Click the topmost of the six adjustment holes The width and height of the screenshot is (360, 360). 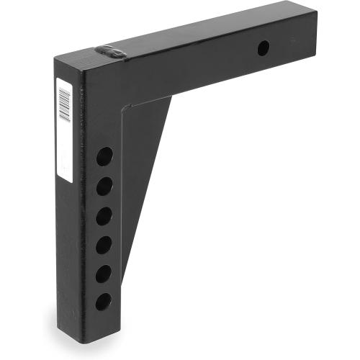click(104, 156)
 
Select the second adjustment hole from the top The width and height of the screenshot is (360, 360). click(104, 186)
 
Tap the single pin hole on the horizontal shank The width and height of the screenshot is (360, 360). click(264, 49)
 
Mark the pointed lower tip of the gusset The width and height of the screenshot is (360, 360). click(125, 277)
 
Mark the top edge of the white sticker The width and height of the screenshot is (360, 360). click(63, 78)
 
